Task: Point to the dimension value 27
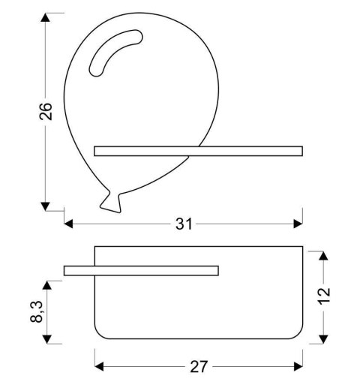(198, 367)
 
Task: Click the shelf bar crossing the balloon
(199, 151)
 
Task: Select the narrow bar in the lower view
(141, 270)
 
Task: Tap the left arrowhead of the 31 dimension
(69, 224)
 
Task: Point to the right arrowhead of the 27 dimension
(298, 367)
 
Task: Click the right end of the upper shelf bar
(303, 151)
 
